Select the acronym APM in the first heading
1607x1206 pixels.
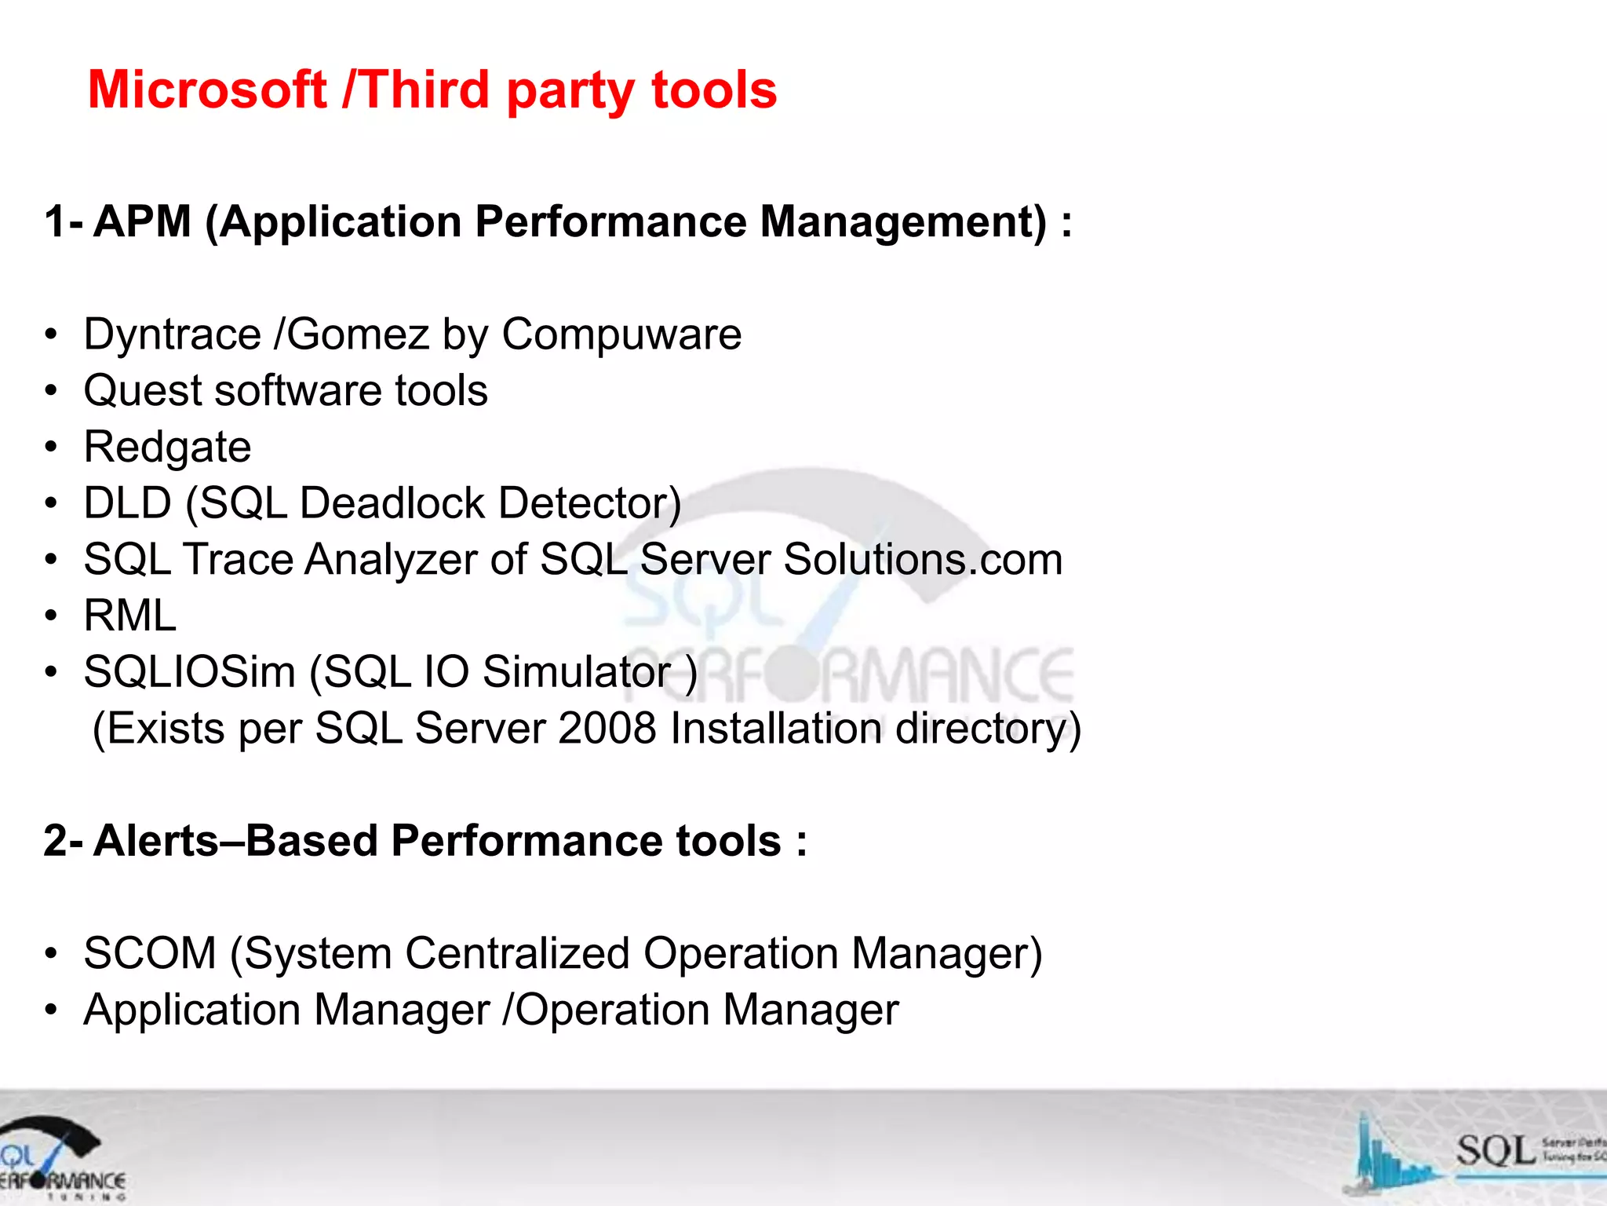[143, 221]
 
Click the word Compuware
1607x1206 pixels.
[621, 334]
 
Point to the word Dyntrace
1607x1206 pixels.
[172, 334]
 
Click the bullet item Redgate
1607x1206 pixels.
[167, 447]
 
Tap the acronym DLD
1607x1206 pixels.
[128, 502]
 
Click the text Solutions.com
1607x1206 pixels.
[923, 559]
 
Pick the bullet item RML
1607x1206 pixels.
[130, 615]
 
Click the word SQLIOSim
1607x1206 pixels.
[189, 672]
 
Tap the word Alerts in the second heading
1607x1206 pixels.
[156, 841]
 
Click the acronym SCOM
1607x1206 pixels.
[150, 953]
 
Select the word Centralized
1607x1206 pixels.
[518, 953]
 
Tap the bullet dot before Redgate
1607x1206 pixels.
[51, 448]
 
